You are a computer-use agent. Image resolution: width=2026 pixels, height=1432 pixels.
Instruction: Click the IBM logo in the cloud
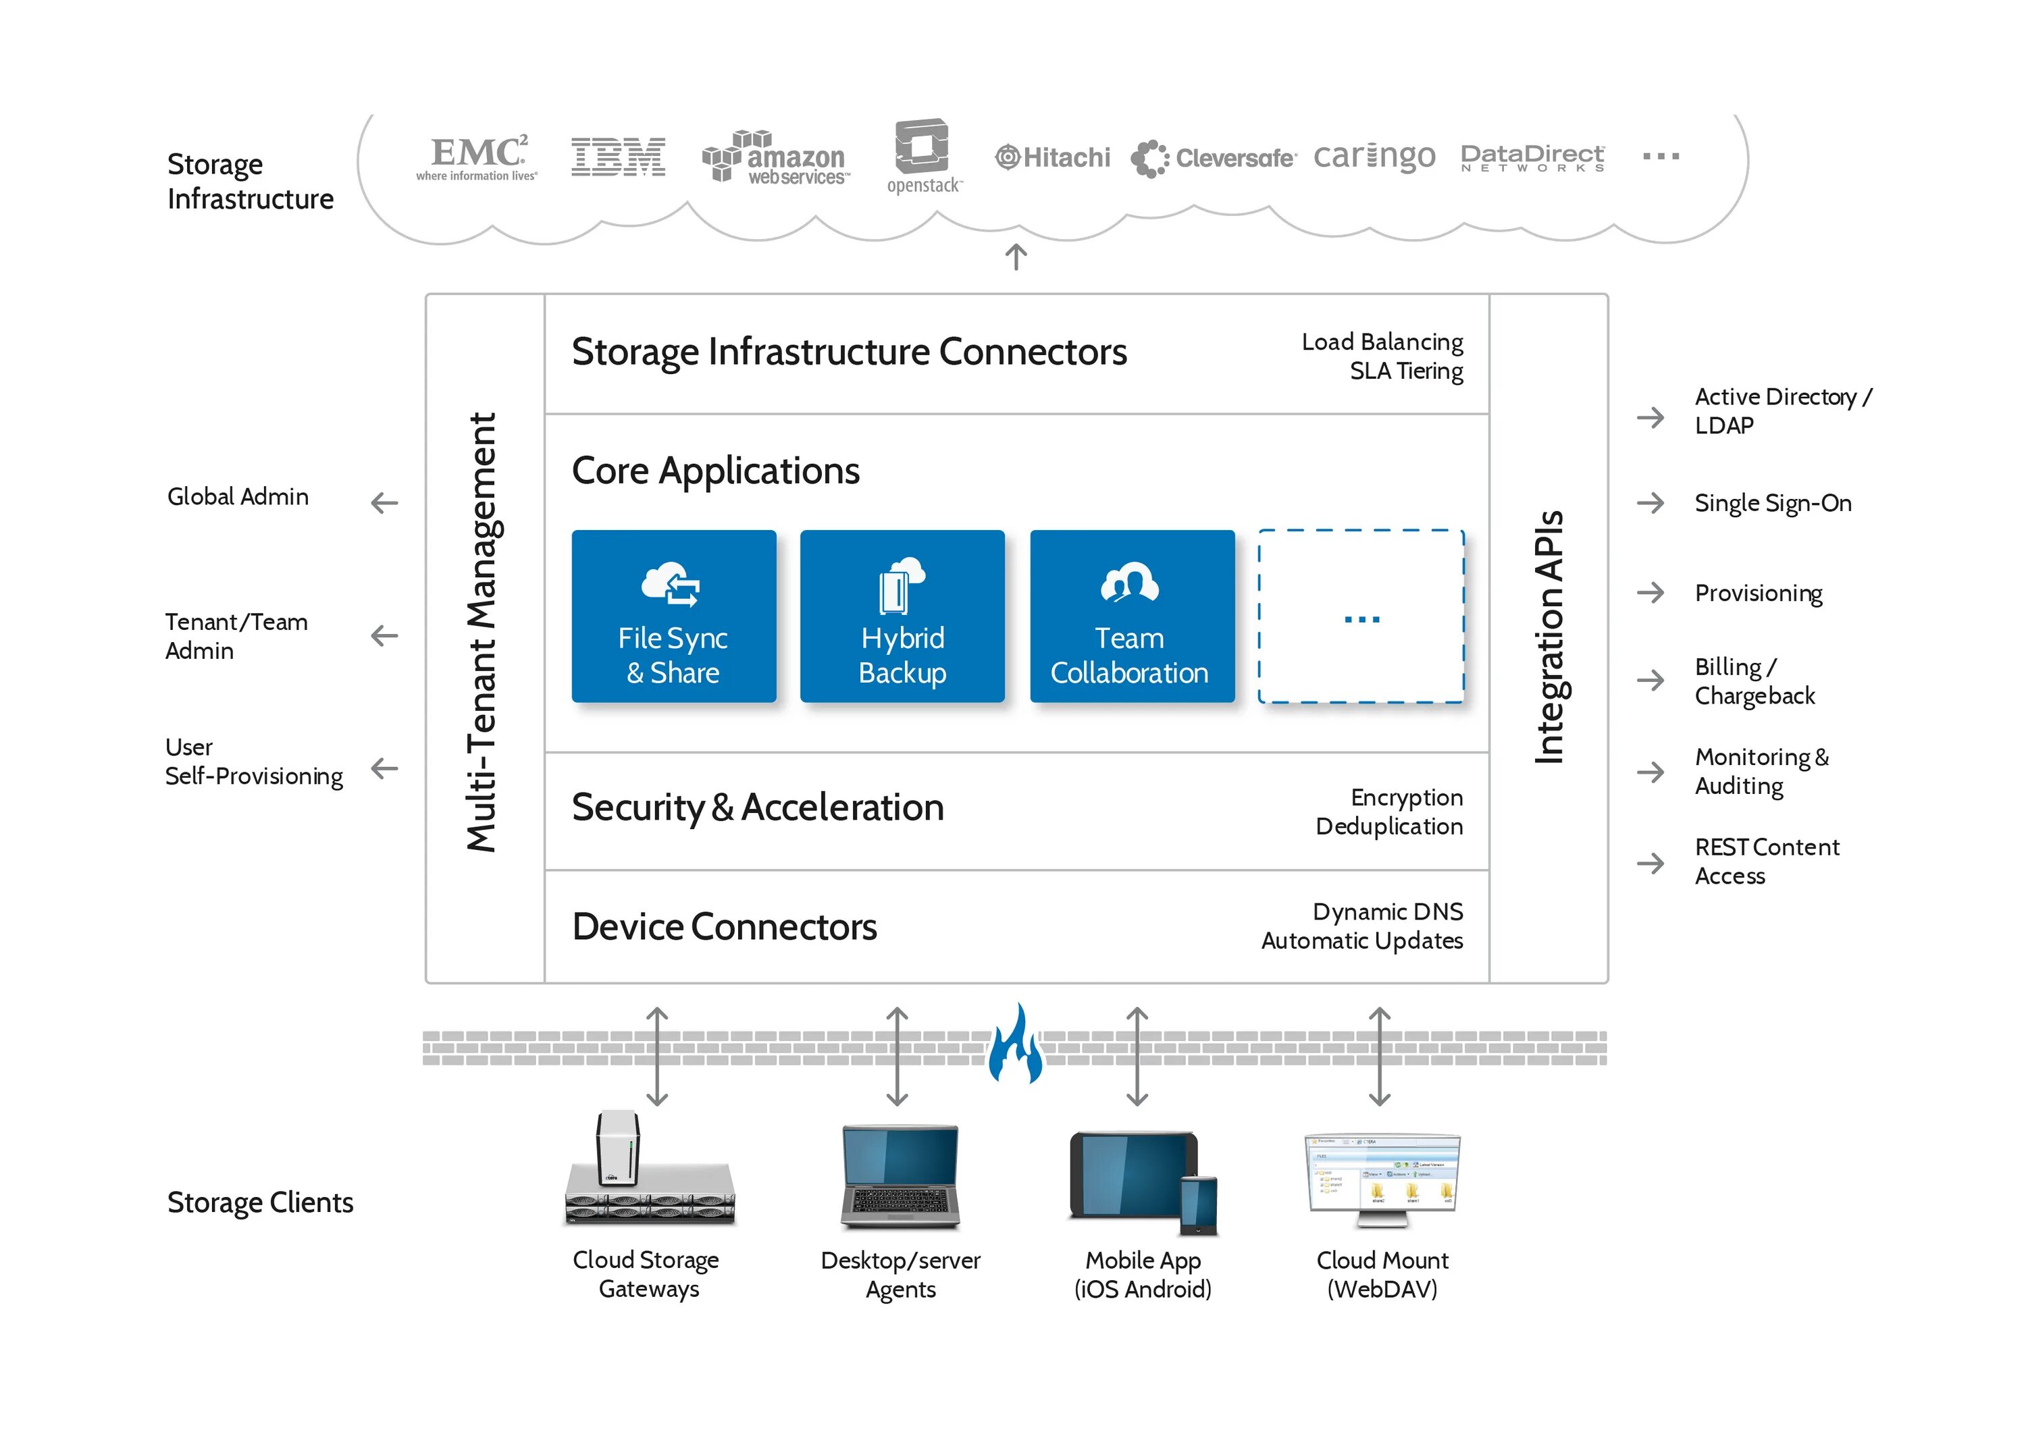coord(618,157)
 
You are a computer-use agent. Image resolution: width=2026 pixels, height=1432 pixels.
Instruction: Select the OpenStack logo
coord(924,155)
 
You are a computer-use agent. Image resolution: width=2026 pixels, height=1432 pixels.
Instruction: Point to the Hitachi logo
coord(1053,157)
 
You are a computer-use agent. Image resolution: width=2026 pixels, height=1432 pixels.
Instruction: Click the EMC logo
coord(477,157)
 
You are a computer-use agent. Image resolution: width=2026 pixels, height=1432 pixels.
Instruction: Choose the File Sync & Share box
coord(674,616)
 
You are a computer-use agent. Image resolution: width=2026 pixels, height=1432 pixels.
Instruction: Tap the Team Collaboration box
coord(1132,616)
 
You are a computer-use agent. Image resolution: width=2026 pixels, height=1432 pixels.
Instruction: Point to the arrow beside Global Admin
coord(385,503)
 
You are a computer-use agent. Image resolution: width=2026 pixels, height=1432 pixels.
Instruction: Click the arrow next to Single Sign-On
coord(1650,503)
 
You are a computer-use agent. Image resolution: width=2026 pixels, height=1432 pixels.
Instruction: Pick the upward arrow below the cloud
coord(1016,257)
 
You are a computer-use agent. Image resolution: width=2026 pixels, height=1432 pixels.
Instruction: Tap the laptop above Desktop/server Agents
coord(900,1177)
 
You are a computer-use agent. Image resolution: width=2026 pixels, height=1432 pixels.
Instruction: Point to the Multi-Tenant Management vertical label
coord(483,632)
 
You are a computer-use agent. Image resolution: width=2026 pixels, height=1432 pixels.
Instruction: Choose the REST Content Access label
coord(1767,861)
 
